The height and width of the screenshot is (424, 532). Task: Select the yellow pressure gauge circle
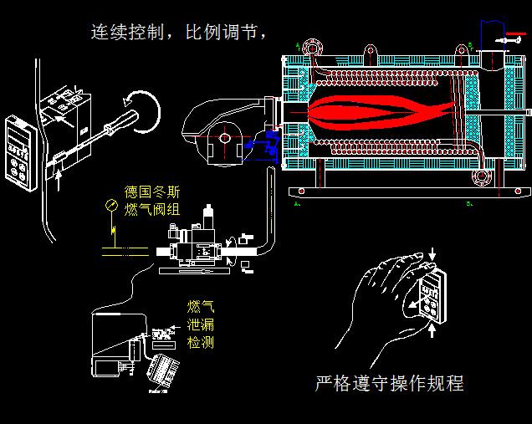point(111,204)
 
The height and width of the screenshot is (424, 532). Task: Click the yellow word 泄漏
point(200,325)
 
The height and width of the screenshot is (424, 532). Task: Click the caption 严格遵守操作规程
point(389,384)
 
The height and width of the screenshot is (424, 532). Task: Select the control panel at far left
point(18,151)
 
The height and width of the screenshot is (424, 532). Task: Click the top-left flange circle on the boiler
point(314,43)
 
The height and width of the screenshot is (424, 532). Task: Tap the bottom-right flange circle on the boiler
point(480,176)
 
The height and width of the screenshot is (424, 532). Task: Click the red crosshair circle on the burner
point(223,137)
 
